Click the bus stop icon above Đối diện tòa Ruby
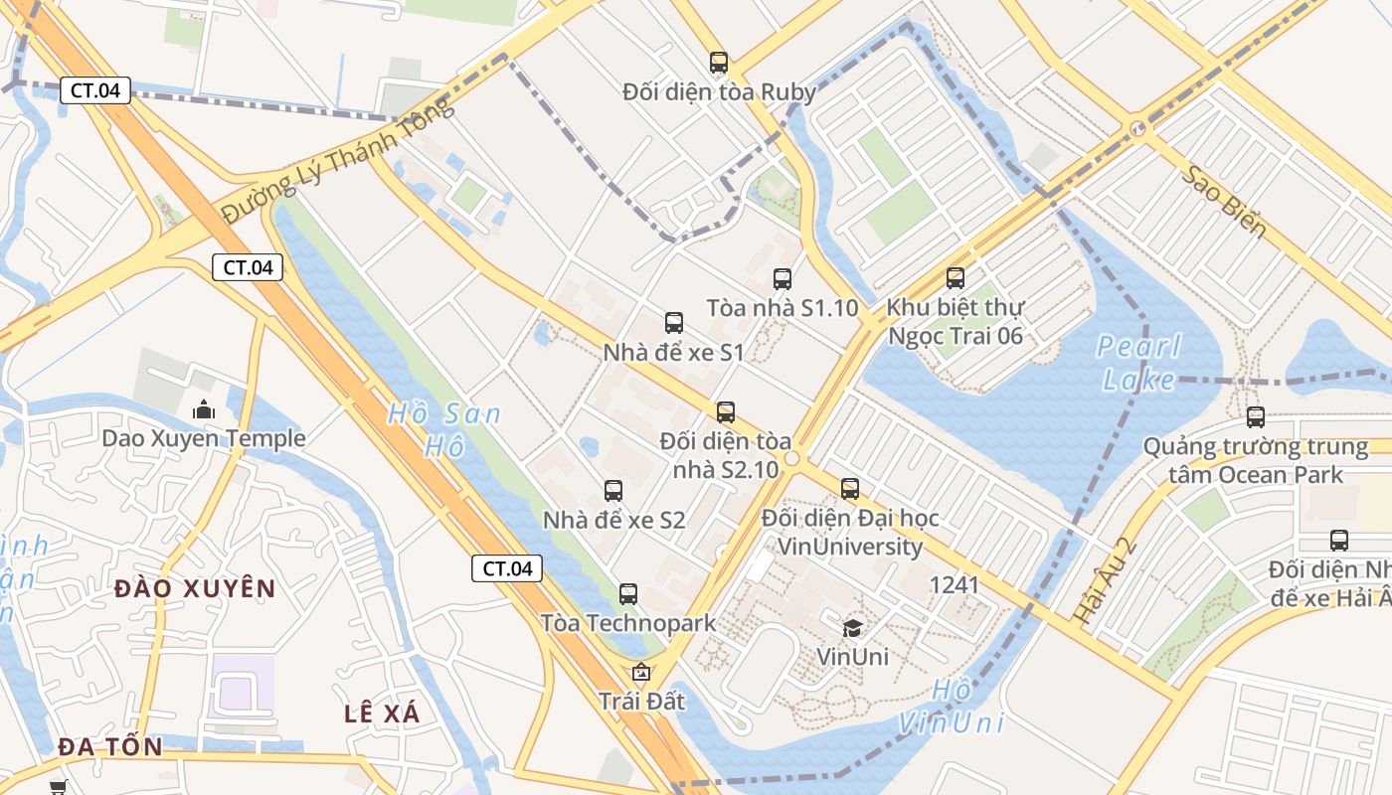click(719, 63)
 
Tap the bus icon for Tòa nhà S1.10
click(783, 279)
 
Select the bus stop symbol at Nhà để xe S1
click(674, 322)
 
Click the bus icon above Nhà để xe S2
click(613, 490)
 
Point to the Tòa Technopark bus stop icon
click(628, 594)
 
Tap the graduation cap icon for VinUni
click(852, 627)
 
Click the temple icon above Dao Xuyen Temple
click(204, 409)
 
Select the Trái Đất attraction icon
click(641, 673)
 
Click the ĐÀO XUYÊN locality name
click(195, 588)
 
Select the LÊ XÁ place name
click(382, 714)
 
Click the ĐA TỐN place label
click(109, 746)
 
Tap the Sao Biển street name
click(1224, 203)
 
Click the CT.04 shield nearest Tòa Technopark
click(507, 568)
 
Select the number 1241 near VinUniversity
click(954, 584)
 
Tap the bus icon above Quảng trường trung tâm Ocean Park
click(1256, 417)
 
